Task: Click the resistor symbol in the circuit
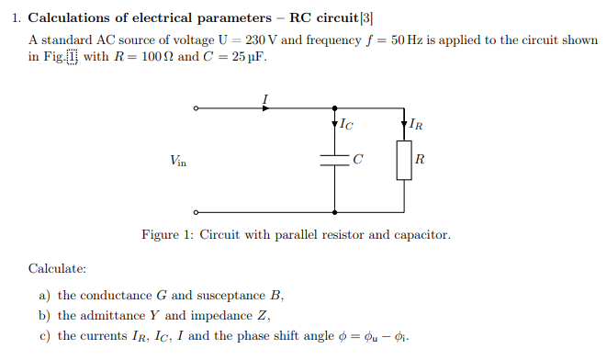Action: [x=403, y=160]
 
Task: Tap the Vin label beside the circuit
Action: [x=178, y=161]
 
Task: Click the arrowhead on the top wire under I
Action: [x=267, y=108]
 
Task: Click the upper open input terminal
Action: [x=195, y=108]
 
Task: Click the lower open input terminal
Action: [x=195, y=208]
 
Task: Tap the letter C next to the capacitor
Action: [x=358, y=160]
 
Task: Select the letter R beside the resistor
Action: [x=420, y=160]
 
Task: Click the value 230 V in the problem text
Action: [x=263, y=41]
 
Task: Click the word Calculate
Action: [x=57, y=269]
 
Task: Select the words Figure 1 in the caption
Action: [x=165, y=235]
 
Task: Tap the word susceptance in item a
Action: [x=232, y=296]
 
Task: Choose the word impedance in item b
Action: [x=226, y=316]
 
